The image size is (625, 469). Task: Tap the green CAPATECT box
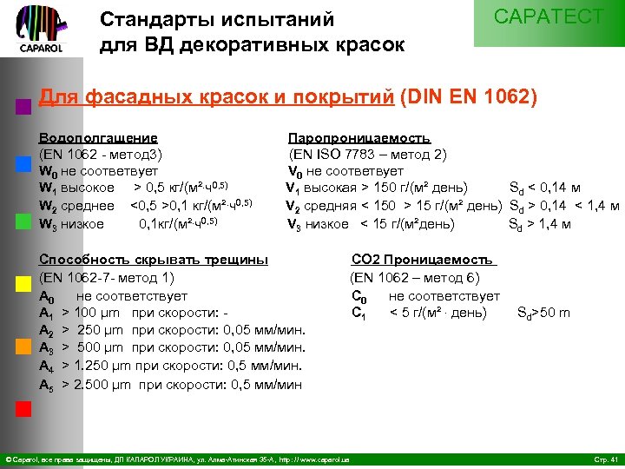pos(549,22)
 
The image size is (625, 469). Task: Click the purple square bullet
pos(23,108)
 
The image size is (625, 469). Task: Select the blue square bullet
pos(23,164)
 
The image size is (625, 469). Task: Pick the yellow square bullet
pos(23,284)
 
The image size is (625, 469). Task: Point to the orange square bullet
pos(23,345)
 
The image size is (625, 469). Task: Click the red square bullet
pos(23,409)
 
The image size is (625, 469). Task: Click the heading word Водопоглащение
pos(99,137)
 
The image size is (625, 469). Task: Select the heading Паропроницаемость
pos(359,137)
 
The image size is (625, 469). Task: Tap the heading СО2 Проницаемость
pos(422,258)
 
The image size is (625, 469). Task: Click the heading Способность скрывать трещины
pos(154,258)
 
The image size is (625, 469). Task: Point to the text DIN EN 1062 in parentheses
pos(469,96)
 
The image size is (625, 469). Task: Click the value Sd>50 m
pos(543,313)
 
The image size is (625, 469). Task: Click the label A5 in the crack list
pos(47,384)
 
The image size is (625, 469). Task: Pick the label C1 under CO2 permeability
pos(357,314)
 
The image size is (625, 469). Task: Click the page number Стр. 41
pos(602,459)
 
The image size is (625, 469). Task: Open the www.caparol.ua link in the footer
pos(324,459)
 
